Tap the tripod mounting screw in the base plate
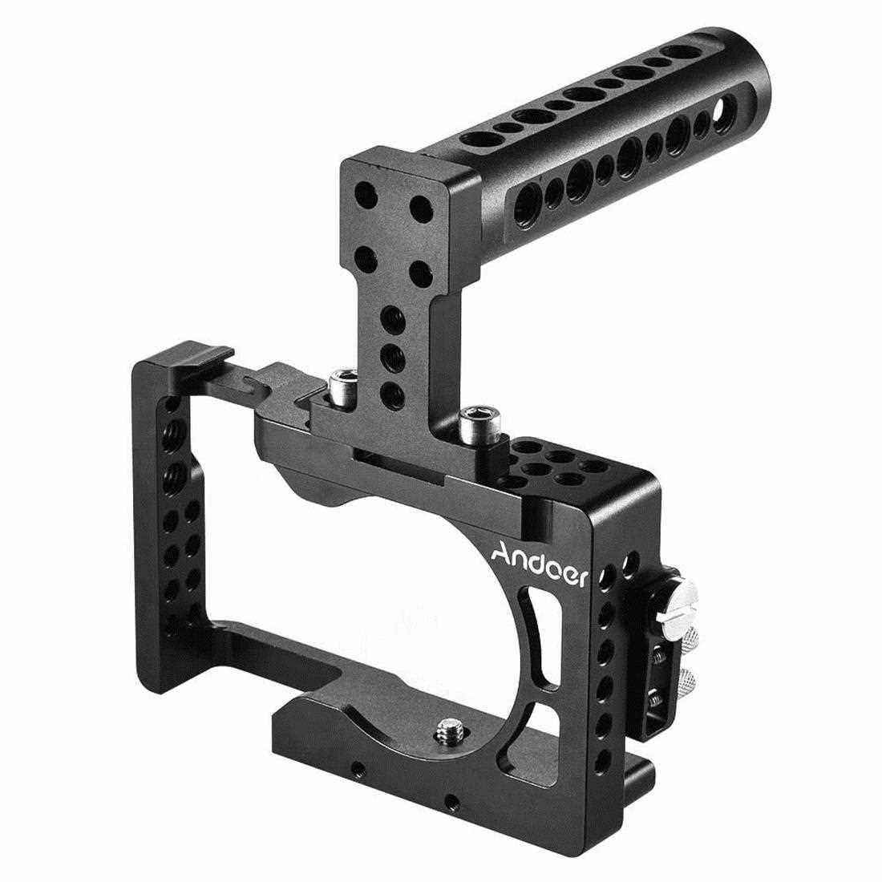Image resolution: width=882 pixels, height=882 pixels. point(447,730)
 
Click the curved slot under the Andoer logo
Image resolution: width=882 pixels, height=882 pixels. point(542,636)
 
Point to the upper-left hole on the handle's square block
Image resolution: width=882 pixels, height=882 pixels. point(366,193)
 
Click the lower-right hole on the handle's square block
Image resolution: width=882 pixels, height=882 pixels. point(419,273)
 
